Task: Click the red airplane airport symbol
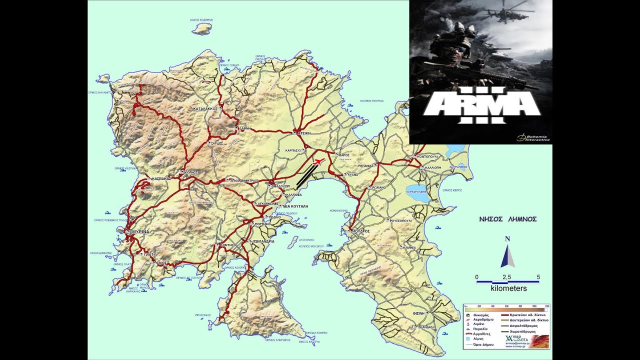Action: [317, 161]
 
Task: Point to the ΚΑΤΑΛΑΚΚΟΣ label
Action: [206, 108]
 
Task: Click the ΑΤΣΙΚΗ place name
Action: [304, 133]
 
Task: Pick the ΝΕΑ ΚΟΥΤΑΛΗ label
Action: [295, 206]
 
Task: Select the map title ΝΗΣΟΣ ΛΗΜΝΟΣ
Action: [507, 219]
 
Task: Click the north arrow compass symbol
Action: [507, 255]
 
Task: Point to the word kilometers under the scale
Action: [508, 288]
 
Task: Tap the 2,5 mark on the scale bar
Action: [506, 276]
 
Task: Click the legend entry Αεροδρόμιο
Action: [481, 319]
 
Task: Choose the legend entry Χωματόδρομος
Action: [536, 331]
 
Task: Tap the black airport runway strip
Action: [306, 176]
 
